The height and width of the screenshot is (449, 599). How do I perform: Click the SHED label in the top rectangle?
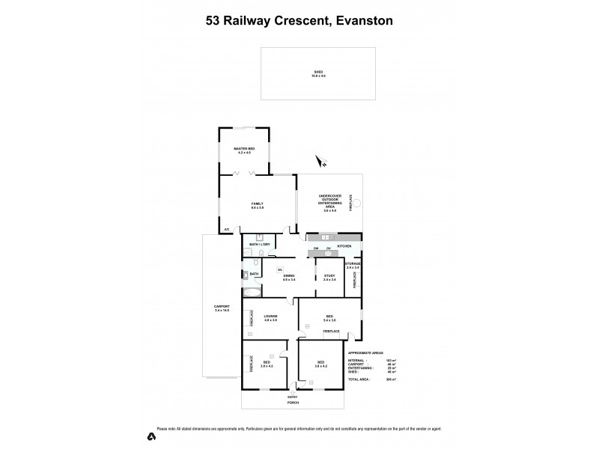319,73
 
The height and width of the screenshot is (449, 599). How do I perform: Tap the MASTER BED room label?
244,150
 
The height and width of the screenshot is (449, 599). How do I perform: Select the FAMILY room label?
257,203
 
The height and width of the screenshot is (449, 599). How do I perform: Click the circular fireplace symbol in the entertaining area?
358,202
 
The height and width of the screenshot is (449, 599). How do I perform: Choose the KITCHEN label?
344,246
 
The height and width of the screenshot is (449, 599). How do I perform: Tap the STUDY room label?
329,278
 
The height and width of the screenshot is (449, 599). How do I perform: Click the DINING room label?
289,277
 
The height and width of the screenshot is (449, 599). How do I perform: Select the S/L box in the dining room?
280,269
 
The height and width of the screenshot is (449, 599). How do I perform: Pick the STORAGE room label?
353,265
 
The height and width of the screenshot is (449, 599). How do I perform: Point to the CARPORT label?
221,308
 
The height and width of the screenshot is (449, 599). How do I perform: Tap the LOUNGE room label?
270,317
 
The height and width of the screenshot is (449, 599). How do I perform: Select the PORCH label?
293,403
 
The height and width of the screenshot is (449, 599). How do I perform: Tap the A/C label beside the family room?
226,229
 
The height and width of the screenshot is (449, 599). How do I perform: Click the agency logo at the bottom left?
152,436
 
